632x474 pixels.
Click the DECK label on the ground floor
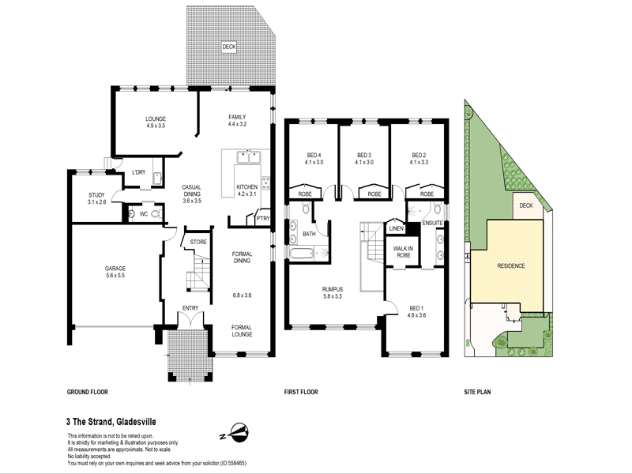(x=229, y=47)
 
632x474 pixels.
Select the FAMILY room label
(x=237, y=116)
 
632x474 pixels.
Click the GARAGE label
(x=116, y=269)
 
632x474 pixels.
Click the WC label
(x=144, y=214)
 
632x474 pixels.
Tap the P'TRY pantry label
(x=262, y=219)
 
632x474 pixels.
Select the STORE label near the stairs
(x=198, y=243)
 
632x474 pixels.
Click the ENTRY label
(x=190, y=308)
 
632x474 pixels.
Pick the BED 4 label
(x=314, y=154)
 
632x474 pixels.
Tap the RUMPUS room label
(x=332, y=289)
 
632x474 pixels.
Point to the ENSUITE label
(x=433, y=223)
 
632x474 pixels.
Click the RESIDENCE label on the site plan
(x=510, y=265)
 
